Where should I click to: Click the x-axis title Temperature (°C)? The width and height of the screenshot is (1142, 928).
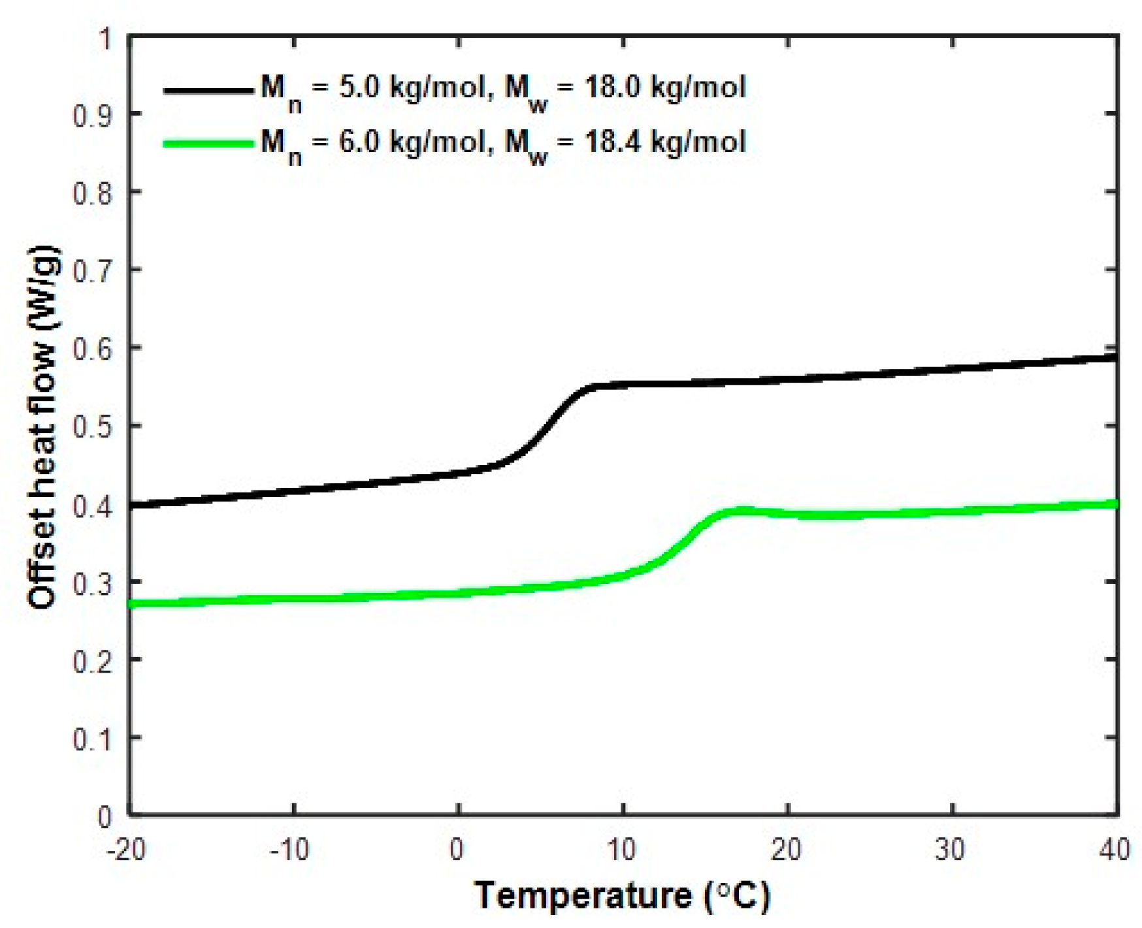(622, 895)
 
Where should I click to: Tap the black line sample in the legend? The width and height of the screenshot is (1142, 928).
(208, 91)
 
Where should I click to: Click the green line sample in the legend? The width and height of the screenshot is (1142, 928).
(208, 144)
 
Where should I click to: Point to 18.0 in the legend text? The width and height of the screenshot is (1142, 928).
(610, 87)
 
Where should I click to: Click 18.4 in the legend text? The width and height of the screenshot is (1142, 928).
(610, 141)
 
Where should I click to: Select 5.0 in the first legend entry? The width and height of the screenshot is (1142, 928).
(359, 87)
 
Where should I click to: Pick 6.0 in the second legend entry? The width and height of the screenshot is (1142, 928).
(359, 141)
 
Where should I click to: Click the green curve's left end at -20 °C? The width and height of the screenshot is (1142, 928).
(133, 603)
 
